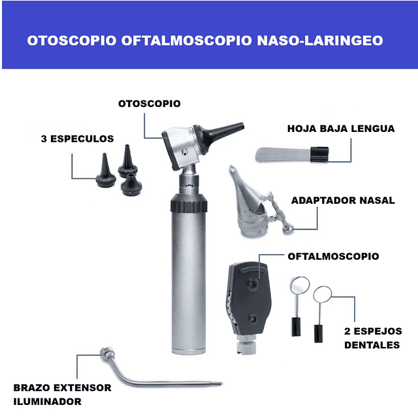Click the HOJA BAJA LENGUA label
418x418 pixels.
[341, 129]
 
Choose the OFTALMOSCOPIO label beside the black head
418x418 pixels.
[333, 256]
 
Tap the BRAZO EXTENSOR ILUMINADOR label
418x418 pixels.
[61, 394]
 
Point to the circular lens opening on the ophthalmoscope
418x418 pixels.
[252, 283]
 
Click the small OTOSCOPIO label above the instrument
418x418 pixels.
[149, 103]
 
